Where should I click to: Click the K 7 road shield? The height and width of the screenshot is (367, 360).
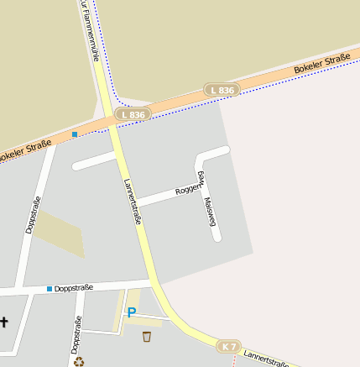tap(230, 346)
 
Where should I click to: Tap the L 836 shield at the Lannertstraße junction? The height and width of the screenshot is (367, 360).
tap(133, 114)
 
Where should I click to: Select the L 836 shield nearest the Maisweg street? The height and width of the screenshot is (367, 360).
tap(222, 89)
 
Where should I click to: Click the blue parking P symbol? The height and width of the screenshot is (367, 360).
tap(131, 312)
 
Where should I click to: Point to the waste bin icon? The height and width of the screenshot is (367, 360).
tap(147, 337)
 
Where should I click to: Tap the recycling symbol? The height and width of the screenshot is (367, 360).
tap(79, 362)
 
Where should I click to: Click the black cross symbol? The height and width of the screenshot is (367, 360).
tap(3, 322)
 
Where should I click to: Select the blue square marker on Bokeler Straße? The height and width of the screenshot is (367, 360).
tap(75, 134)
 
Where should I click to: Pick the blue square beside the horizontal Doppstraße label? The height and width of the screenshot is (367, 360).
tap(50, 289)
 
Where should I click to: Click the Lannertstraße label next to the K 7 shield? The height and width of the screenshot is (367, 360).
tap(267, 359)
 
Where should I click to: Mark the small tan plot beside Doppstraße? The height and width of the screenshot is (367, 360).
tap(60, 234)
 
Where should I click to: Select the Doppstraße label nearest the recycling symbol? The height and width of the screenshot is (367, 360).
tap(76, 333)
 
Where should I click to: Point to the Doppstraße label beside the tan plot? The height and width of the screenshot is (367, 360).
tap(32, 216)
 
